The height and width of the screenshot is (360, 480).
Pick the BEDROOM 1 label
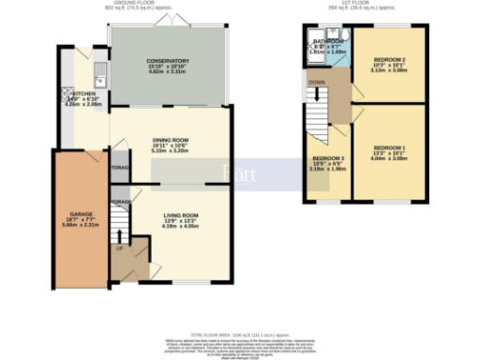pos(389,148)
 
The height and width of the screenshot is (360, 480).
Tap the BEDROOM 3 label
pos(328,158)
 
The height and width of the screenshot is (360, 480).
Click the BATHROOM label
pos(329,41)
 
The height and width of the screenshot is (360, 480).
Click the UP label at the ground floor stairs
pos(119,249)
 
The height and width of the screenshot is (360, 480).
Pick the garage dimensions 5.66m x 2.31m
pos(81,226)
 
